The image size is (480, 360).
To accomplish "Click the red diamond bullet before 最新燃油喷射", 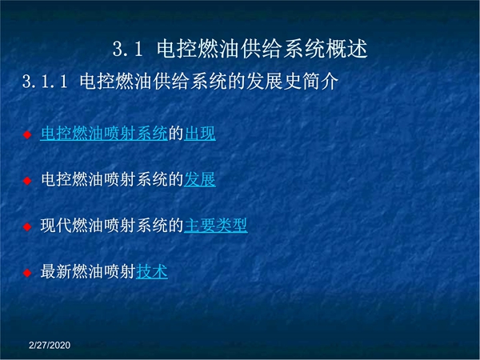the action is click(x=27, y=273).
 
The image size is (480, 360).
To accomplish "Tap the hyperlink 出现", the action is click(x=200, y=134).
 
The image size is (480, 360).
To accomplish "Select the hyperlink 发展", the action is click(x=200, y=179).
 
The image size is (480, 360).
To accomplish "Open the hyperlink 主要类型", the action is click(x=216, y=226).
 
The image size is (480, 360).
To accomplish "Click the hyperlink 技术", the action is click(x=152, y=271).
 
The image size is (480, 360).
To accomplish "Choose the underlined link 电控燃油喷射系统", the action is click(x=104, y=134).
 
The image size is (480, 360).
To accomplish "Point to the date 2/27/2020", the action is click(x=50, y=346).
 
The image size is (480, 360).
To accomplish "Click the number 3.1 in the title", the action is click(x=128, y=49).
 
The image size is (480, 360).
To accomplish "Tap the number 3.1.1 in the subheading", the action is click(x=45, y=82).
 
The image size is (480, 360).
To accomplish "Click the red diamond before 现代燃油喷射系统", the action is click(x=27, y=227).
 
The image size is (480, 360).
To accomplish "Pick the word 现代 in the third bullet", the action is click(x=56, y=226).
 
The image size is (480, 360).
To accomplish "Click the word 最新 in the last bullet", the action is click(x=56, y=271).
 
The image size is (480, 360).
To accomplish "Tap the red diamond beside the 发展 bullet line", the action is click(x=27, y=181).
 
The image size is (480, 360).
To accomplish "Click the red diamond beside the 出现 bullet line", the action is click(x=27, y=134).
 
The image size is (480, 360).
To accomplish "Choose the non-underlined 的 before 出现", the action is click(x=176, y=134).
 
